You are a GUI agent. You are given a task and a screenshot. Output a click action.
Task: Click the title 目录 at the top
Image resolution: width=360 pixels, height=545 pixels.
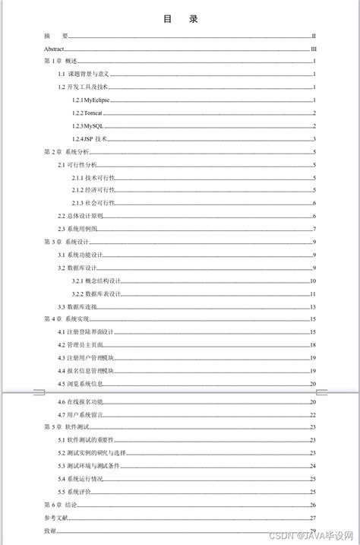[x=180, y=19]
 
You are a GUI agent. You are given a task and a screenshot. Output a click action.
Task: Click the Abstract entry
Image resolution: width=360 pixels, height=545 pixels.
[x=55, y=49]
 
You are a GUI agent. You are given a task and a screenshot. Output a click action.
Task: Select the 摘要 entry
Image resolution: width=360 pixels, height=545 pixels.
[x=56, y=36]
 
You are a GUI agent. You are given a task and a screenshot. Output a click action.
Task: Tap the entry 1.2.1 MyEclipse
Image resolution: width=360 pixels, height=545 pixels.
[x=93, y=100]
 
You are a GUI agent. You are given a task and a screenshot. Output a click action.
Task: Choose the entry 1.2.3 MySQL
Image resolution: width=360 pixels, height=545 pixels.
[x=87, y=126]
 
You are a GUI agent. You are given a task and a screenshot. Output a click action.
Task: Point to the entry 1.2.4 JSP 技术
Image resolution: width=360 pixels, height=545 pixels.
[x=90, y=139]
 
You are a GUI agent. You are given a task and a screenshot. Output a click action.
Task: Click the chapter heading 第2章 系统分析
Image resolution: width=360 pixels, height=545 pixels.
[x=67, y=152]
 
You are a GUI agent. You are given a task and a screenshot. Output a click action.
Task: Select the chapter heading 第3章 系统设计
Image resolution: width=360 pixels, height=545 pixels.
[x=67, y=242]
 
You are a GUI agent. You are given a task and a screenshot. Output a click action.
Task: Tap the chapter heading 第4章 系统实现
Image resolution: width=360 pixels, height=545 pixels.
[x=67, y=319]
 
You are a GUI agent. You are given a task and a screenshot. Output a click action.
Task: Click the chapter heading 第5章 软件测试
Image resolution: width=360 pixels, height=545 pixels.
[x=67, y=427]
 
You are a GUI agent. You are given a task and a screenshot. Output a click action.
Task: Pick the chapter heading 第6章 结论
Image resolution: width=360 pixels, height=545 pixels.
[x=62, y=505]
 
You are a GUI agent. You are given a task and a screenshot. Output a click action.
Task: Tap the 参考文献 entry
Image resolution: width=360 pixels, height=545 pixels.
[x=56, y=518]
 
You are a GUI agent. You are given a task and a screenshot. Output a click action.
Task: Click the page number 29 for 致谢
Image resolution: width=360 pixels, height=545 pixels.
[x=313, y=530]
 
